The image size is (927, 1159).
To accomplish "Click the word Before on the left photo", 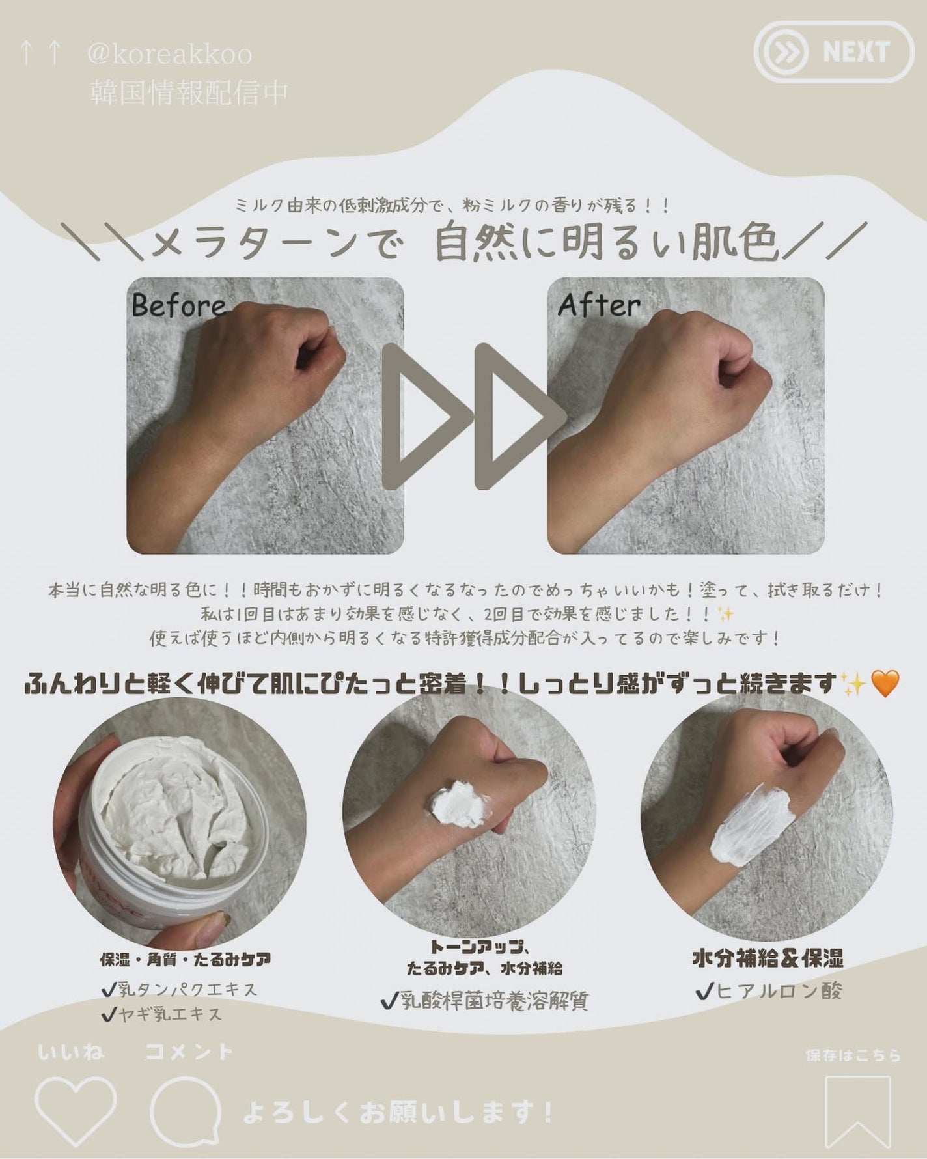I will [x=178, y=305].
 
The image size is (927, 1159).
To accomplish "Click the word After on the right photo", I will [x=599, y=305].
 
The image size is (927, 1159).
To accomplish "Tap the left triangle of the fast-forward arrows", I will [x=423, y=417].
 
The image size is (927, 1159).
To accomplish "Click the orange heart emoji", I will [x=884, y=684].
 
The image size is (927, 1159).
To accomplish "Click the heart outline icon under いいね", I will [x=75, y=1110].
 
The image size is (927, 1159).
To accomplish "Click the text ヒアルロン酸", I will [x=778, y=992].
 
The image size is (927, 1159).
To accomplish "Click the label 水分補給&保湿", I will [x=768, y=958].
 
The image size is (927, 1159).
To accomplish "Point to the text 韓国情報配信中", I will [x=189, y=92].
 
